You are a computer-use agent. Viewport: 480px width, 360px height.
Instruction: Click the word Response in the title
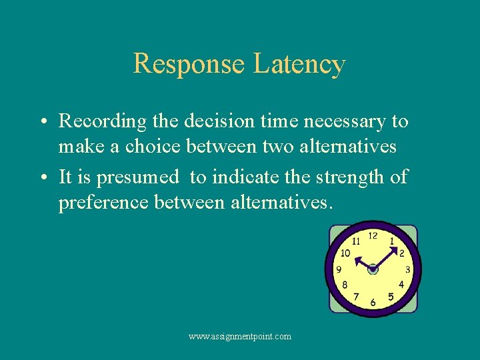189,64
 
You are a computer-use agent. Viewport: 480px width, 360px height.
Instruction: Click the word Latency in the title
299,64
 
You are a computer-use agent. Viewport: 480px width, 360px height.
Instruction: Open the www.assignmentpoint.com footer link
240,337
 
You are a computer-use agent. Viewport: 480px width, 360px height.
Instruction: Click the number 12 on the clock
373,235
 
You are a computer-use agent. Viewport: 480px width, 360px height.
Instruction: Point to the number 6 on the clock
373,302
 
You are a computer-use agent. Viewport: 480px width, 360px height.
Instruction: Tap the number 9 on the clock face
339,269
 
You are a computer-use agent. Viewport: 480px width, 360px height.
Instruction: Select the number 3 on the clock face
407,269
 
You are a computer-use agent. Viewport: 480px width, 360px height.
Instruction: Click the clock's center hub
373,269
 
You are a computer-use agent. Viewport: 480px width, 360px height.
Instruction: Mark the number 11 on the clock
356,241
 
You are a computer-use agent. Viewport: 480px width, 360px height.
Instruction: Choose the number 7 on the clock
356,297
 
